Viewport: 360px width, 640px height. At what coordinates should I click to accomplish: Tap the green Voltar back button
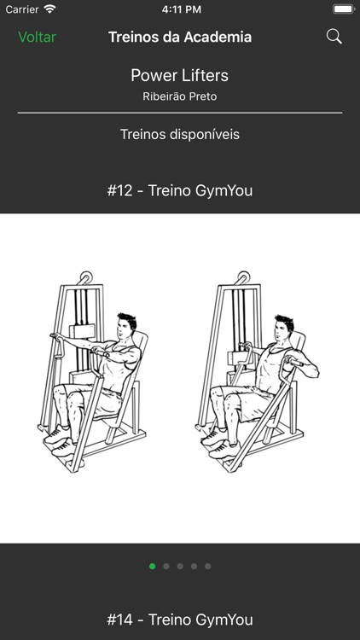(x=37, y=37)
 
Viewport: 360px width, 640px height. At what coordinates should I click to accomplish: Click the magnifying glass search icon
(x=334, y=37)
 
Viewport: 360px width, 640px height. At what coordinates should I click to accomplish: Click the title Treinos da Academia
(x=180, y=37)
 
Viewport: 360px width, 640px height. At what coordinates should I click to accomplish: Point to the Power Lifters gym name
(x=180, y=75)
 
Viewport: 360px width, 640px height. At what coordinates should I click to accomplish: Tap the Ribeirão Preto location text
(x=180, y=96)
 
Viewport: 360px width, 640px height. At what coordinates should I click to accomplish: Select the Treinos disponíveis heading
(x=180, y=134)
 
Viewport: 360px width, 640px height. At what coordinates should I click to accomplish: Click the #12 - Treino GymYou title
(x=180, y=190)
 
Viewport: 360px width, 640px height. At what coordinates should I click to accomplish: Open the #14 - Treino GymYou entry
(x=180, y=620)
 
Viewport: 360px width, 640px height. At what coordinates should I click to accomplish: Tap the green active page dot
(x=153, y=566)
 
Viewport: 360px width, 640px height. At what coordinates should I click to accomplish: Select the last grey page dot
(x=207, y=566)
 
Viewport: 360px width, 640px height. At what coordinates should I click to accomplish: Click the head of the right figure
(x=283, y=329)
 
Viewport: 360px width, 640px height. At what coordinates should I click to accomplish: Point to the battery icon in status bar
(x=343, y=9)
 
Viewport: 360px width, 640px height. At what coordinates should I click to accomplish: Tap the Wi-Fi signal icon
(x=49, y=9)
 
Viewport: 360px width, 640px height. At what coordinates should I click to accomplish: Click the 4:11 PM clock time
(x=180, y=9)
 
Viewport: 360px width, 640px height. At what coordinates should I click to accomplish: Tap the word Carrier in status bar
(x=22, y=9)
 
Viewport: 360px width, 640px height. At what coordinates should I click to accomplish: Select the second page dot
(x=166, y=566)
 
